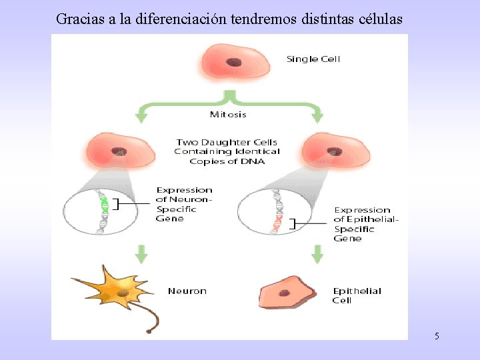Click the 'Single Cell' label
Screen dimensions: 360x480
coord(313,59)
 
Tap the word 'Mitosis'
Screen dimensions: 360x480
coord(228,114)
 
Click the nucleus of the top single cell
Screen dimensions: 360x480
coord(233,62)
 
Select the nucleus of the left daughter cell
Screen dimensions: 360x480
coord(119,151)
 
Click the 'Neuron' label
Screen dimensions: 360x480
coord(187,291)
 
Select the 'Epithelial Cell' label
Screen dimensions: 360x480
coord(357,295)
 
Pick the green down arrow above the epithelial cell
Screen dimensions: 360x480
coord(318,254)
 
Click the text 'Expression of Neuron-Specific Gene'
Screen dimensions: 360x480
coord(184,204)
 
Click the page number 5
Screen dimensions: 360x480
coord(437,336)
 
